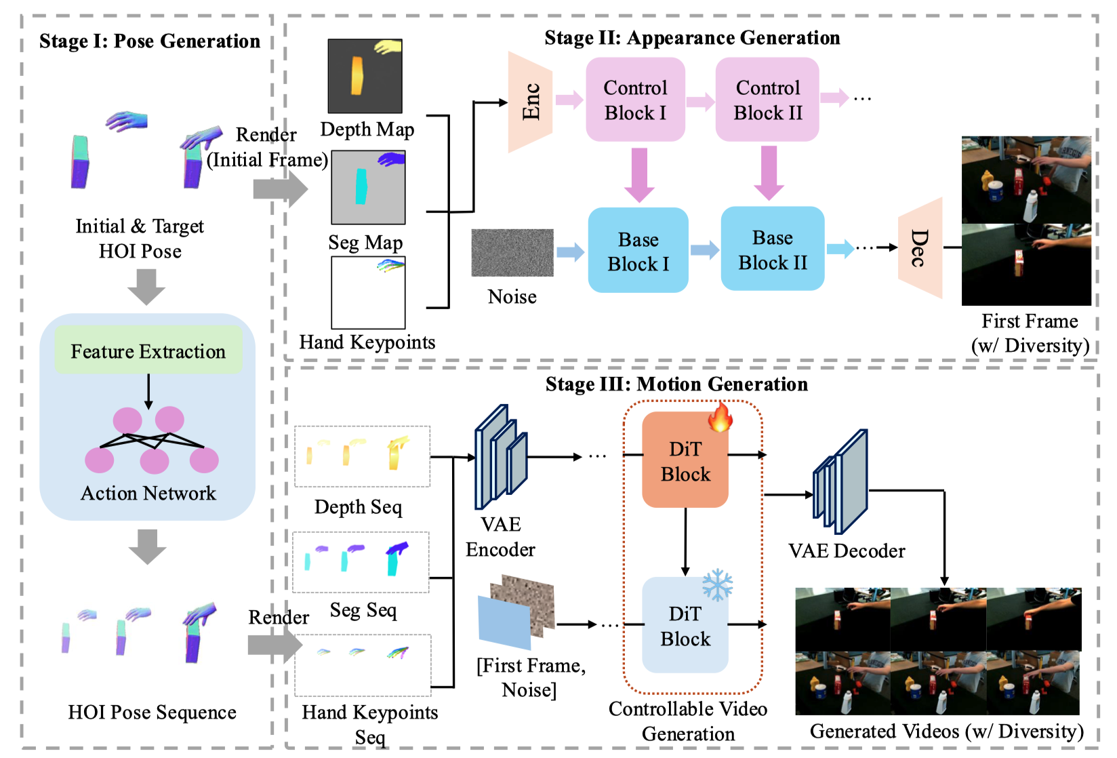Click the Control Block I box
point(635,100)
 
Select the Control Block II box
point(767,100)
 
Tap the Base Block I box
point(638,251)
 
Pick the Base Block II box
point(772,249)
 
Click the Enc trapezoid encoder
point(530,102)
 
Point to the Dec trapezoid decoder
point(920,248)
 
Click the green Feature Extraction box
point(148,351)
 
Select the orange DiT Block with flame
point(685,461)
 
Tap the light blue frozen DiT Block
point(685,626)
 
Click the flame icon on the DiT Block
point(720,416)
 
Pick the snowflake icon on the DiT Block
point(717,584)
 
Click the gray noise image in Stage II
point(512,253)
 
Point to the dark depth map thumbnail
point(365,76)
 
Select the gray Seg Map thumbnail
point(368,187)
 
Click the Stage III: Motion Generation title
point(676,384)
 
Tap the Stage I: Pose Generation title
point(149,41)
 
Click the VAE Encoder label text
point(500,537)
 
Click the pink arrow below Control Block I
point(638,174)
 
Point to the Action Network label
point(148,494)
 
